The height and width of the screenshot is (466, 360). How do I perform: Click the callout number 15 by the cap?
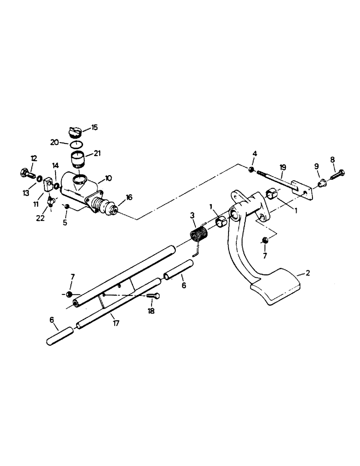[x=94, y=127]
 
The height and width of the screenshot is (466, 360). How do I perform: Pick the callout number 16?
[x=129, y=198]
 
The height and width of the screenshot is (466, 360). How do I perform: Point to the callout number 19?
[x=283, y=167]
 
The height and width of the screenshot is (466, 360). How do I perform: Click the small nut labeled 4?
[x=251, y=170]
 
